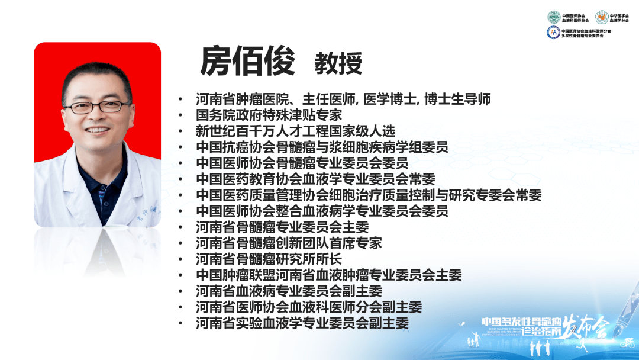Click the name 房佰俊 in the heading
pos(247,62)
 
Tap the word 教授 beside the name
pos(338,63)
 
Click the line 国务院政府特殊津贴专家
pos(269,115)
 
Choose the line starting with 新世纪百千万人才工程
pos(295,131)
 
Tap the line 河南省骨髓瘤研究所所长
pos(269,259)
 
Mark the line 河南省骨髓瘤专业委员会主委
pos(282,227)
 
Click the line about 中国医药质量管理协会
pos(369,195)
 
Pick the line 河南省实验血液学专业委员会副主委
pos(302,323)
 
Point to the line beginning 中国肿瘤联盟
pos(329,275)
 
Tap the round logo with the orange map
pos(601,17)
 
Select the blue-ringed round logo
pos(553,33)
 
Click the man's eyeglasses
pos(97,107)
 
